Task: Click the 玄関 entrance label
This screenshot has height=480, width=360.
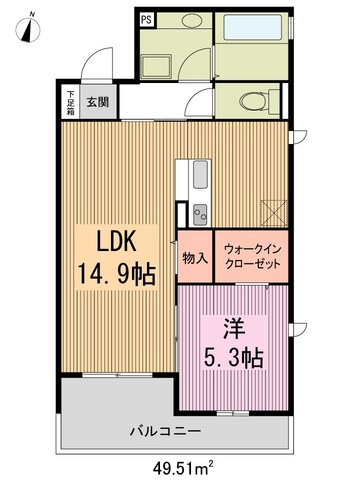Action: [97, 100]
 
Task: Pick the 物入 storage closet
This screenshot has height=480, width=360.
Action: [195, 258]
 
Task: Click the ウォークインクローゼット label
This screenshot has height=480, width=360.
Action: [250, 258]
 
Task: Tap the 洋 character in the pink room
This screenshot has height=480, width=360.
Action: [234, 327]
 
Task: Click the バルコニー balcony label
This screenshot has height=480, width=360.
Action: [165, 431]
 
